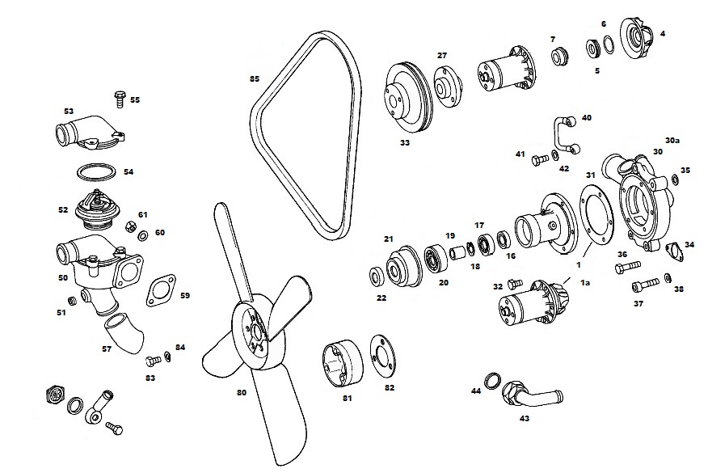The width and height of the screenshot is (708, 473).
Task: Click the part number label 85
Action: pos(255,79)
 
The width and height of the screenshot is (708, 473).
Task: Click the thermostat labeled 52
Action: pos(97,209)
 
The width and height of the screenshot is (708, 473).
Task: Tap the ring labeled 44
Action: pos(491,380)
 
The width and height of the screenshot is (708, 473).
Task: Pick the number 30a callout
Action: pos(672,139)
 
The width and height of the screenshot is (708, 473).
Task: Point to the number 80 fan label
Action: pos(241,394)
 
